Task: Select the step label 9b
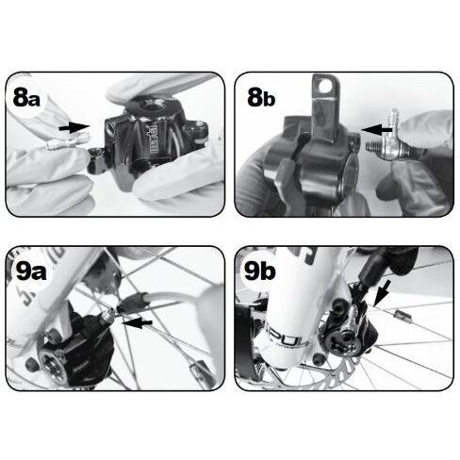[x=263, y=273]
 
